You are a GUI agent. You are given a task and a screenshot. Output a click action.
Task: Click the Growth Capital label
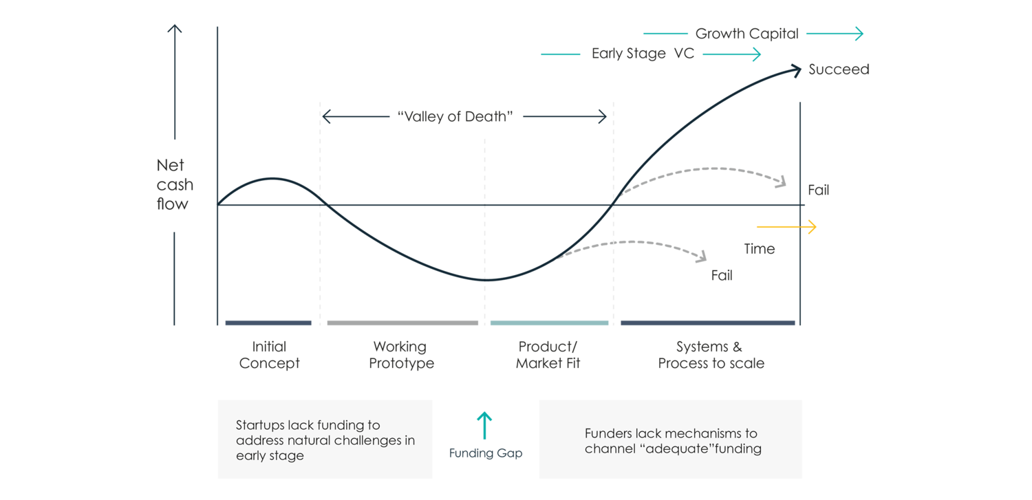tap(746, 34)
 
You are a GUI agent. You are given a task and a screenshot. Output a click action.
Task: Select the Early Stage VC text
tap(643, 54)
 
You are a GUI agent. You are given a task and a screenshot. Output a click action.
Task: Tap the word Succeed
tap(839, 69)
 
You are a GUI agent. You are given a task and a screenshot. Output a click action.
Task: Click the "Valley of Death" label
tap(455, 116)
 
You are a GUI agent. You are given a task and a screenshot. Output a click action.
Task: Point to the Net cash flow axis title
tap(174, 184)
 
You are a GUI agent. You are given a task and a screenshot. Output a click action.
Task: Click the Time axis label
tap(760, 249)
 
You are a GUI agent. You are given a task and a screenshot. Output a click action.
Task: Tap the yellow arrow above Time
tap(786, 226)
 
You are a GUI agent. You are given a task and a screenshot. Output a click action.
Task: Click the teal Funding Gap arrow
tap(484, 425)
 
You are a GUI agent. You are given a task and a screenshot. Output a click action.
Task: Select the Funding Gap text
tap(486, 453)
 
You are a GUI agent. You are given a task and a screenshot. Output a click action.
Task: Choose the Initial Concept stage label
tap(269, 355)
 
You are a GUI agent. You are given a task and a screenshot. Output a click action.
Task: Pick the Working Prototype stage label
tap(401, 355)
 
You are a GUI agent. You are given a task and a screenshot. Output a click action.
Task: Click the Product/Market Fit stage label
tap(548, 355)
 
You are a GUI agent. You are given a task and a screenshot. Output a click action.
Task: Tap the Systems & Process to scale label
tap(711, 355)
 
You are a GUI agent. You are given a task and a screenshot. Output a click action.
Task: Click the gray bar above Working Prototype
tap(402, 323)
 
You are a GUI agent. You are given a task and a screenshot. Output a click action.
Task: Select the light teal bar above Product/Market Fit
tap(549, 323)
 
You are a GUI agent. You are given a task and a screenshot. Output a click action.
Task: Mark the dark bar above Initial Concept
tap(268, 323)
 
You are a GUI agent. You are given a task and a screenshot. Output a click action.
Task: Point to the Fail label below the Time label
tap(722, 276)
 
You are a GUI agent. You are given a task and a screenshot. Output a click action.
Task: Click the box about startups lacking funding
tap(325, 439)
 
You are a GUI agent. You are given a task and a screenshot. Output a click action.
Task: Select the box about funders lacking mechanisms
tap(670, 439)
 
